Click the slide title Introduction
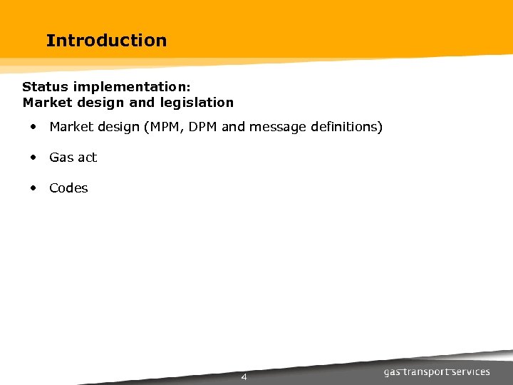coord(106,41)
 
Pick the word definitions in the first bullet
coord(346,128)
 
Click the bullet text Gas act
coord(73,158)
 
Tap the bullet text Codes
coord(68,188)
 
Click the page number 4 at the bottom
coord(244,377)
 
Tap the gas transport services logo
coord(437,372)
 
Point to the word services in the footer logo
coord(472,372)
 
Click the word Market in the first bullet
coord(70,128)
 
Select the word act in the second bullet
coord(88,158)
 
